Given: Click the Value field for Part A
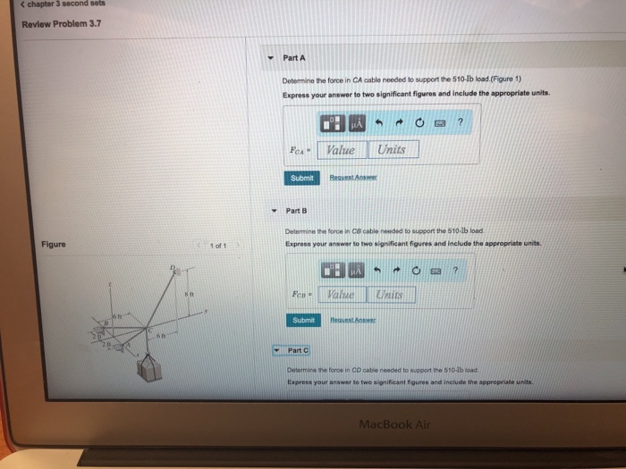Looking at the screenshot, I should tap(340, 150).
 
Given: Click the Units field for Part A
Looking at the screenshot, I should tap(392, 150).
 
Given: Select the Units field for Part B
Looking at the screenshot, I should tap(390, 294).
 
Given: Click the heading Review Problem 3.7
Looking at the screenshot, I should tap(62, 23).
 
